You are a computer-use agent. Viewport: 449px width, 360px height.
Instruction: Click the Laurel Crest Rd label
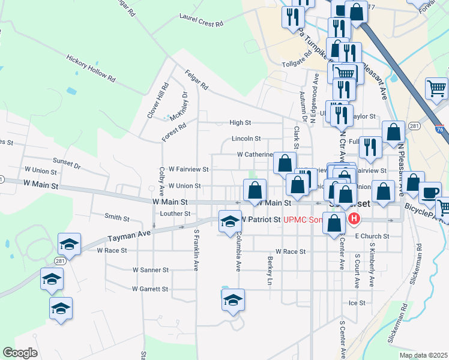[201, 20]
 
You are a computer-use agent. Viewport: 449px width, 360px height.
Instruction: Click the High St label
[240, 122]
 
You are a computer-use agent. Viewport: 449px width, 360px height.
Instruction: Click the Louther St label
[176, 213]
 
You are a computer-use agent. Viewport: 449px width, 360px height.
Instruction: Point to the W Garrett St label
[150, 289]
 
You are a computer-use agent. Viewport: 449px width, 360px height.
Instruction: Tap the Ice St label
[357, 303]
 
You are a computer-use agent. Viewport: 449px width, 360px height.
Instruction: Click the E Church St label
[372, 236]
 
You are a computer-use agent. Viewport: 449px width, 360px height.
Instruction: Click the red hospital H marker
[354, 219]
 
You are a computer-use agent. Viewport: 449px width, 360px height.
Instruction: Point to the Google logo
[20, 353]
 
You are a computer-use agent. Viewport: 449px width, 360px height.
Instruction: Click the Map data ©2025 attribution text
[423, 355]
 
